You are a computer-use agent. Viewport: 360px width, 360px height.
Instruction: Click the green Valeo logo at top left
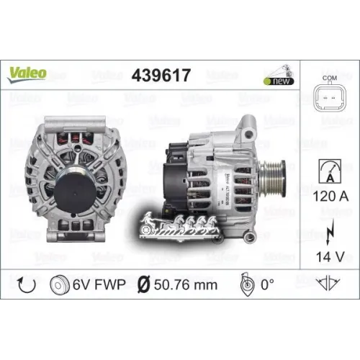[28, 73]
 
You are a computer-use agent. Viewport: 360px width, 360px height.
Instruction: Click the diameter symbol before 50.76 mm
[143, 286]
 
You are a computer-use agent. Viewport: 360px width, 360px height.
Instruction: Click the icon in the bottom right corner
[329, 286]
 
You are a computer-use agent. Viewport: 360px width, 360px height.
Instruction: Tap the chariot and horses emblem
[181, 230]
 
